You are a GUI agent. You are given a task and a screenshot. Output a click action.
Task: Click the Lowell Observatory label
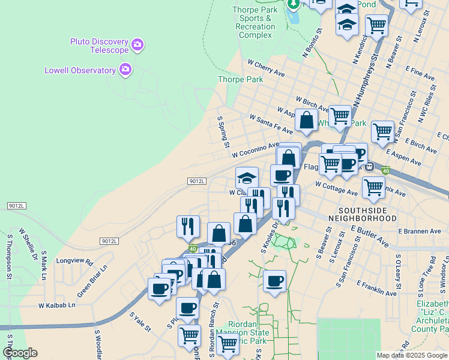(80, 70)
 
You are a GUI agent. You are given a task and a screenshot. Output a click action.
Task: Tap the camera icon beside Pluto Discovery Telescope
(138, 44)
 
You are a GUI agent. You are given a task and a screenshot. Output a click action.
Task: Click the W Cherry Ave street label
(266, 67)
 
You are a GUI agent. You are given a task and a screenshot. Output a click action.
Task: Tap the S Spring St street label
(223, 132)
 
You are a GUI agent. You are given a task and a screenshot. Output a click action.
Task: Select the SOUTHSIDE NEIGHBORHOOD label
(368, 214)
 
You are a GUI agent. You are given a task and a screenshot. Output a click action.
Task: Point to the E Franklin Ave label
(376, 288)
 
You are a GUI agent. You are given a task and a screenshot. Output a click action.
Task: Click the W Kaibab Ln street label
(57, 305)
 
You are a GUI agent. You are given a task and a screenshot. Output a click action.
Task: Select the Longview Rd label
(75, 262)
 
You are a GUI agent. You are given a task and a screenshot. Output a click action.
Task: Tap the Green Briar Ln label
(91, 277)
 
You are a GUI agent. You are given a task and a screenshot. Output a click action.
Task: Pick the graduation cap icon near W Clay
(247, 178)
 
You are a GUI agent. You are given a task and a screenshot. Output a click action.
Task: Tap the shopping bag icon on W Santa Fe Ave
(306, 120)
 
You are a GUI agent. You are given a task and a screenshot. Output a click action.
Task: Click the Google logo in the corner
(20, 353)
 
